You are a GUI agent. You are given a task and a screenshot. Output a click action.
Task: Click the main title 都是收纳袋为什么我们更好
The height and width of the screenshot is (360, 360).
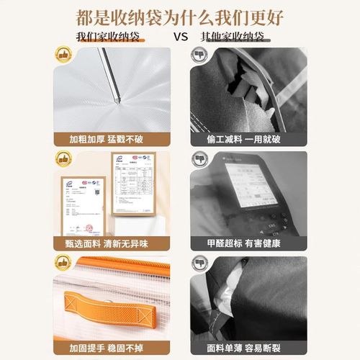[179, 15]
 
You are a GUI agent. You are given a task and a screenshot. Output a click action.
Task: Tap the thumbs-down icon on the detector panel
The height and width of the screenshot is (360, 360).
[199, 159]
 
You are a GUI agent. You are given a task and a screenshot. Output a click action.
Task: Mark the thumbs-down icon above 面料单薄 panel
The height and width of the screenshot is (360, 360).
[199, 264]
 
